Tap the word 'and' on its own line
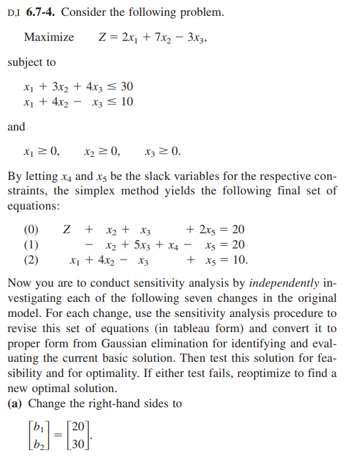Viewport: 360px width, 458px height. [x=16, y=127]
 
